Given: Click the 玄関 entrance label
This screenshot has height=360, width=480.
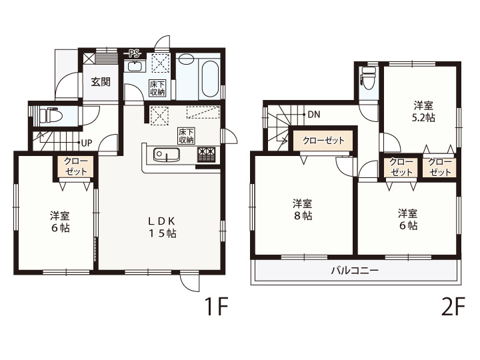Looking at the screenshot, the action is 101,82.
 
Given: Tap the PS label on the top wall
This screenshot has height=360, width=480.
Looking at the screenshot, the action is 134,54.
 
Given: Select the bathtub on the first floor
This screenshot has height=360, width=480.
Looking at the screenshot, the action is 210,79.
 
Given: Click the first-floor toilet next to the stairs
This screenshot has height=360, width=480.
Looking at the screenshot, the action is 49,115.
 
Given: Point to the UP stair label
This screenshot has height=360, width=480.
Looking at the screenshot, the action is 87,143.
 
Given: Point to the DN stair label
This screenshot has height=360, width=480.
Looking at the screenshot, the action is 314,115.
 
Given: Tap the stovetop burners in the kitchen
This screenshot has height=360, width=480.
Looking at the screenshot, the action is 207,154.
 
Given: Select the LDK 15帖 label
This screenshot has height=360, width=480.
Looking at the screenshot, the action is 162,227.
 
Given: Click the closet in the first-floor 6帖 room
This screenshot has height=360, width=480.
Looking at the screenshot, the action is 76,167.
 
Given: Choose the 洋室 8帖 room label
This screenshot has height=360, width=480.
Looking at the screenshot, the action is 303,210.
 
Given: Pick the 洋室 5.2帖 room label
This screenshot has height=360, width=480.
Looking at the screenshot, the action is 423,112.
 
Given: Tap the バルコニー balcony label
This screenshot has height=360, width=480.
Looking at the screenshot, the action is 355,271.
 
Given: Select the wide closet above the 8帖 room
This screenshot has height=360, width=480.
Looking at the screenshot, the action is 323,141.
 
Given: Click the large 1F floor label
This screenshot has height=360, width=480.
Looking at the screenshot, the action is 216,307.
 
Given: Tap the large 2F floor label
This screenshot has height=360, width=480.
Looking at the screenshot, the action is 453,307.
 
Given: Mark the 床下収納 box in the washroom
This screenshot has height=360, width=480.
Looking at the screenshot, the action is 157,88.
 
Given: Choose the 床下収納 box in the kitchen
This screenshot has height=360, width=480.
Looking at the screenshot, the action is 187,136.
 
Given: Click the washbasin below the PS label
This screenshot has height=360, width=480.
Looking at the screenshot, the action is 135,67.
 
